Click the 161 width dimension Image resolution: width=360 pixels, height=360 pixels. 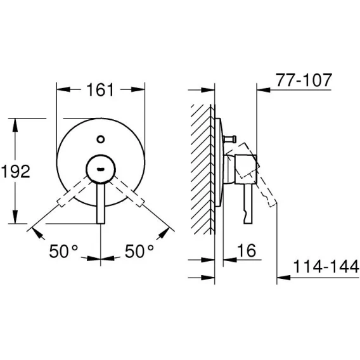[100, 90]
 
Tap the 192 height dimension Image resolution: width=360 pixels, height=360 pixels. [16, 171]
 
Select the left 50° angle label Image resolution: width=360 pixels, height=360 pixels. [63, 251]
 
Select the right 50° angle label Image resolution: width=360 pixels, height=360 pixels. [139, 251]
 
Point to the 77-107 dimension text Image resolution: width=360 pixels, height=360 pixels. [304, 80]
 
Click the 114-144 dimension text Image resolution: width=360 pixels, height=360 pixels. [326, 267]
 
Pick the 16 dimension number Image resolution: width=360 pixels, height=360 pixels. [247, 250]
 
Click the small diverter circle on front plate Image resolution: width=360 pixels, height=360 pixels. [101, 139]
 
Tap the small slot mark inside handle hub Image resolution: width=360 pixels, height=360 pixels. [101, 169]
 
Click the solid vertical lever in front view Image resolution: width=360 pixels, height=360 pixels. [101, 203]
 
